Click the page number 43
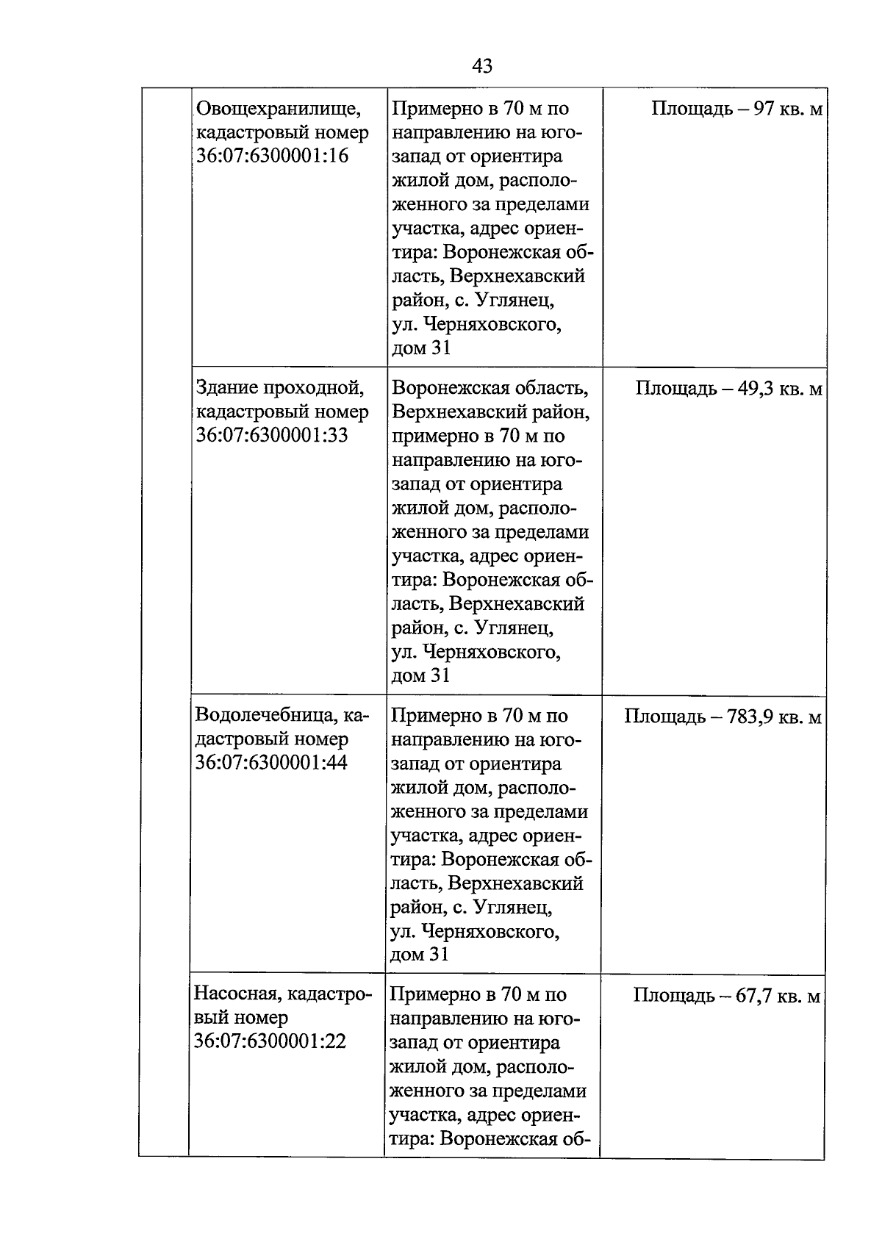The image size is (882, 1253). [x=481, y=66]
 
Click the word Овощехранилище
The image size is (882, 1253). [x=278, y=109]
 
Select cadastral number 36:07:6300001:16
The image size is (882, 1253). [x=273, y=157]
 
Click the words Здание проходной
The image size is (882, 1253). [x=280, y=388]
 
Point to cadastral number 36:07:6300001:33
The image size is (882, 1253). [x=272, y=436]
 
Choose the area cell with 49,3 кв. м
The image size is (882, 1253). [x=728, y=388]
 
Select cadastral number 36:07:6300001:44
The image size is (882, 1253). [x=271, y=763]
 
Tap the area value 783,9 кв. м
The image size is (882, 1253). [x=723, y=715]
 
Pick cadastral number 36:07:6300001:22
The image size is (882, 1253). [x=270, y=1041]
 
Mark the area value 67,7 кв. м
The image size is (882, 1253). [x=726, y=995]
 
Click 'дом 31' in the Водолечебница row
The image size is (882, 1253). [x=419, y=955]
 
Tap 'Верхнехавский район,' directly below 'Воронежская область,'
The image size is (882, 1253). [x=490, y=412]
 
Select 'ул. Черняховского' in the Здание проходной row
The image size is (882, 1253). [x=476, y=652]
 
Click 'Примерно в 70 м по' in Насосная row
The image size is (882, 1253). [x=478, y=994]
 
